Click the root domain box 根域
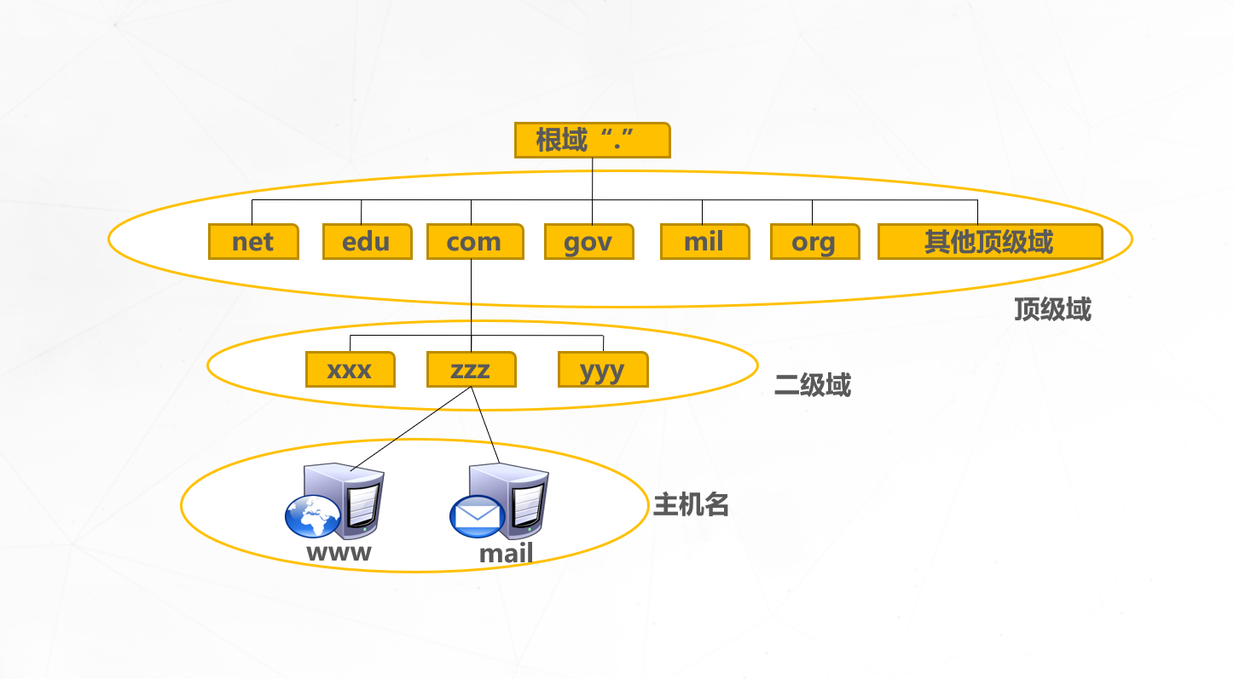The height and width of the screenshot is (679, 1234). [x=592, y=140]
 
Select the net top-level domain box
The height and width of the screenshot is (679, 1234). [x=253, y=242]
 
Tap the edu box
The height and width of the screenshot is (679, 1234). [x=367, y=242]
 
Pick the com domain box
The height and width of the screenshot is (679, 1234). [x=474, y=242]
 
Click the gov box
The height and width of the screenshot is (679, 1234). [x=588, y=242]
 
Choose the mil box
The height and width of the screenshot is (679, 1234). [x=704, y=242]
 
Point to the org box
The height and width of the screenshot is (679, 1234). [x=814, y=242]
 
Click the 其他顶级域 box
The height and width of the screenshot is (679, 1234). [x=989, y=242]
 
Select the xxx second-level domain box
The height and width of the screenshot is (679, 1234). [x=350, y=370]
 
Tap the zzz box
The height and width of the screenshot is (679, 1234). [x=471, y=370]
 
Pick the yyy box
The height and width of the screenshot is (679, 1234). [x=602, y=370]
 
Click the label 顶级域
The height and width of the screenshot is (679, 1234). [x=1052, y=309]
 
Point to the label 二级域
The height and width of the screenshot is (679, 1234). [x=812, y=386]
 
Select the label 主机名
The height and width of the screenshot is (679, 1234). [x=691, y=505]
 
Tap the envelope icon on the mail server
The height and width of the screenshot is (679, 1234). [x=476, y=515]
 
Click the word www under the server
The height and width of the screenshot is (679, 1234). [x=339, y=552]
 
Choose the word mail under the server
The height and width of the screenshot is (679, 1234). [x=506, y=554]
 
